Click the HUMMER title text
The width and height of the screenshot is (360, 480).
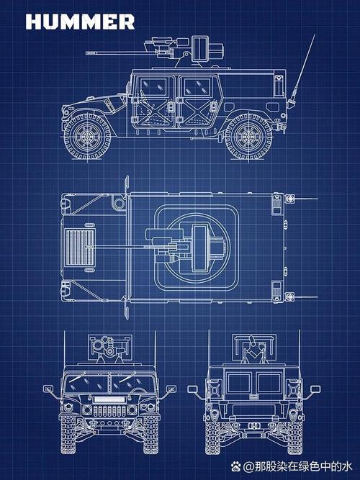pyautogui.click(x=80, y=22)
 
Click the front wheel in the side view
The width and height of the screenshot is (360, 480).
pyautogui.click(x=87, y=136)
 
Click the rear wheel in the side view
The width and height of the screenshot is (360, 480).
pyautogui.click(x=248, y=136)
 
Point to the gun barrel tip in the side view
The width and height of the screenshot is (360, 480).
pyautogui.click(x=87, y=53)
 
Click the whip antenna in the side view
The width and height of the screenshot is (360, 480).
pyautogui.click(x=302, y=71)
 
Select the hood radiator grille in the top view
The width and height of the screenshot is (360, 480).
pyautogui.click(x=80, y=247)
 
